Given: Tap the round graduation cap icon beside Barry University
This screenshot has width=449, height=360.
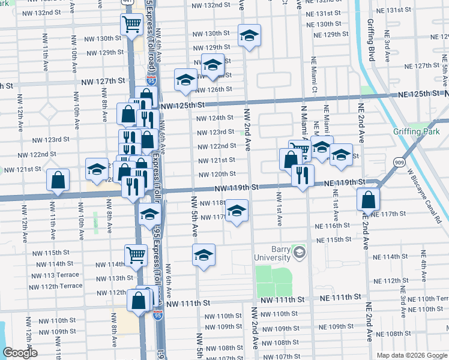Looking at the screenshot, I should pos(299,252).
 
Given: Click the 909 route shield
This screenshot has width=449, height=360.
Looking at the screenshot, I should pos(399,162).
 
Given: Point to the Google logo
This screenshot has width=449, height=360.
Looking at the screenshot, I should pos(20,353).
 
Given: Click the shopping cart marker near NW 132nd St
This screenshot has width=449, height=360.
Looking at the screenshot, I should pos(131,25).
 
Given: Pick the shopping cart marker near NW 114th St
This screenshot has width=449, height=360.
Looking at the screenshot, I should pos(136,254).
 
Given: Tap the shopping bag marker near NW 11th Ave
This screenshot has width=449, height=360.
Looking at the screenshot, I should pos(58,179).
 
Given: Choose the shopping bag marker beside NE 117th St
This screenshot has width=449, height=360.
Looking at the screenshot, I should pos(368,199).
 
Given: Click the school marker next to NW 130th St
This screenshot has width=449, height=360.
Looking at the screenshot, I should pos(248,35).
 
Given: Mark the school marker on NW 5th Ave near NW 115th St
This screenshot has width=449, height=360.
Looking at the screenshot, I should pos(204,254).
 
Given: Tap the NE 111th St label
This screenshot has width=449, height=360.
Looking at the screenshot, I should pos(340,297).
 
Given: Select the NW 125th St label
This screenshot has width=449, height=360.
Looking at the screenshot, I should pos(184,105).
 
